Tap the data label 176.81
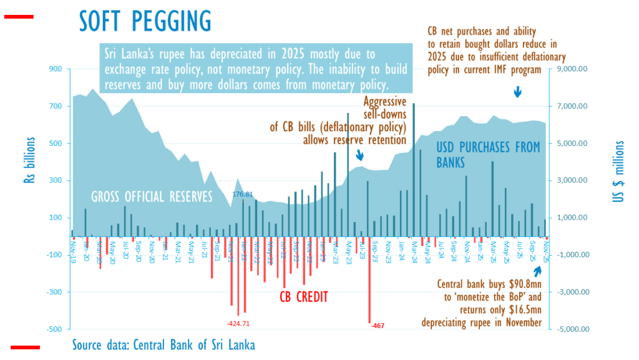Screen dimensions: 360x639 (x=243, y=195)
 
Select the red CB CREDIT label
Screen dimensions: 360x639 (x=303, y=296)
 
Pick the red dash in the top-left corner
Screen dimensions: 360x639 (x=19, y=17)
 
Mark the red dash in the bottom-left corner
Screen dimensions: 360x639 (x=25, y=347)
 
